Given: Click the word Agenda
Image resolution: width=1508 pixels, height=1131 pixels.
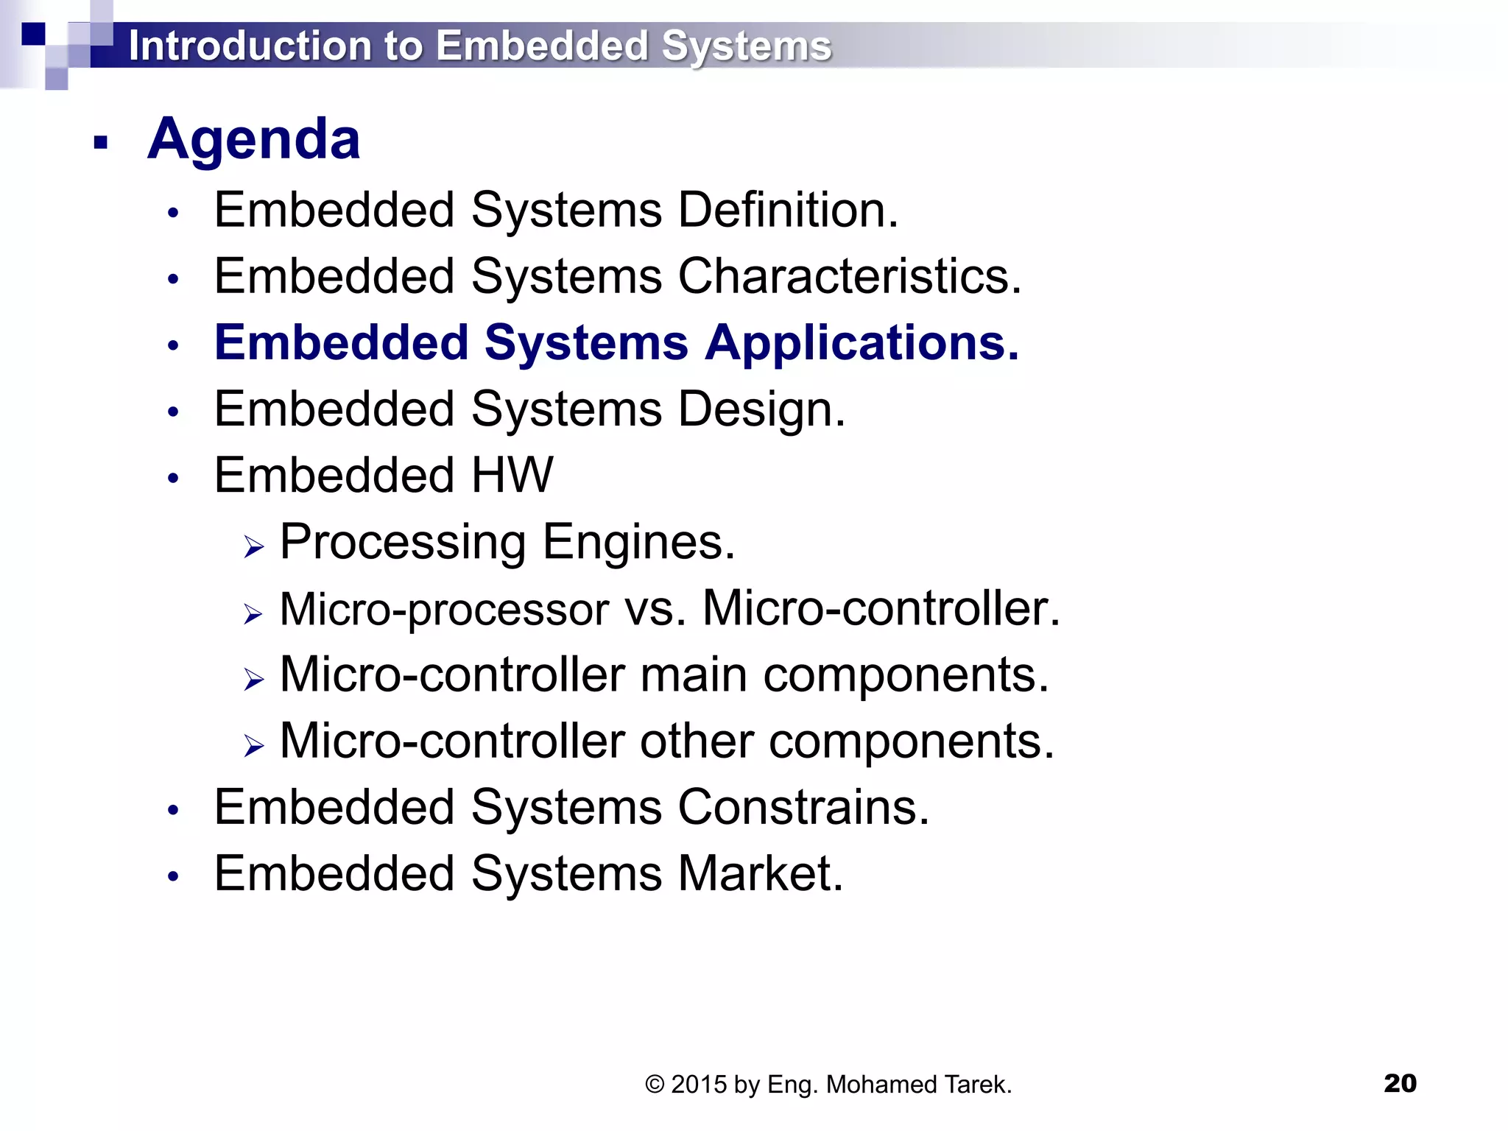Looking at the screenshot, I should tap(253, 140).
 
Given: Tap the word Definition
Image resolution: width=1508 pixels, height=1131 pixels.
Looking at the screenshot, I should tap(787, 211).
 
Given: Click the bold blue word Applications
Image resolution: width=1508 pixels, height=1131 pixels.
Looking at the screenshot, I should tap(862, 343).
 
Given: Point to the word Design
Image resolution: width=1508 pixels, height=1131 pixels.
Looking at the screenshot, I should tap(761, 409).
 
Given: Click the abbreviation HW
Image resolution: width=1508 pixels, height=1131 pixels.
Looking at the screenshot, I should tap(512, 475).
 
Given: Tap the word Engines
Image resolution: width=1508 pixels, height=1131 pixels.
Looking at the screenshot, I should tap(638, 543).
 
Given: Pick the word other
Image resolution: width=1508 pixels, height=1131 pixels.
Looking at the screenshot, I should tap(697, 741).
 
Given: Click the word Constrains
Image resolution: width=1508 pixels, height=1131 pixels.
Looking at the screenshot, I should tap(803, 808).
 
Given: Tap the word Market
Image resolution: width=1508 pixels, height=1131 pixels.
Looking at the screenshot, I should tap(760, 874).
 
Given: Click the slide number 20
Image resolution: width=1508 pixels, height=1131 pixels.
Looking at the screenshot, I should tap(1400, 1083).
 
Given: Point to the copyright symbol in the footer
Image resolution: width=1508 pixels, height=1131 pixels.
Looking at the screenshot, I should tap(655, 1085).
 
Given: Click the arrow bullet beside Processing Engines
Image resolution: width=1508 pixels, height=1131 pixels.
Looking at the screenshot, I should tap(254, 546).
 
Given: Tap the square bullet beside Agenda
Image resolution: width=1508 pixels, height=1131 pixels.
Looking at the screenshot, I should tap(101, 142).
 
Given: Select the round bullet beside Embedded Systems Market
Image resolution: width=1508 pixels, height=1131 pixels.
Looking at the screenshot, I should tap(173, 876).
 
